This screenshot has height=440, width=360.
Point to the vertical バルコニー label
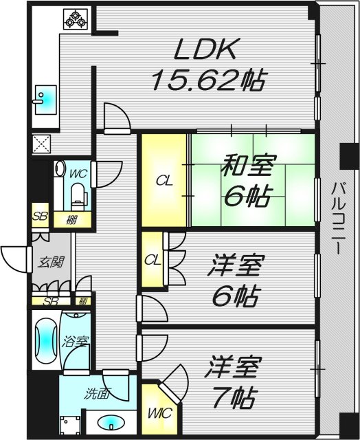click(x=338, y=217)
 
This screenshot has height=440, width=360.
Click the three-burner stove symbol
click(x=76, y=20)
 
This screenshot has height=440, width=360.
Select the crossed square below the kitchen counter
click(x=41, y=144)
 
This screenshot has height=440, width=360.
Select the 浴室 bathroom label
click(x=72, y=340)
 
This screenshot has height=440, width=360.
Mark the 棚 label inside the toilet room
click(x=71, y=221)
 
